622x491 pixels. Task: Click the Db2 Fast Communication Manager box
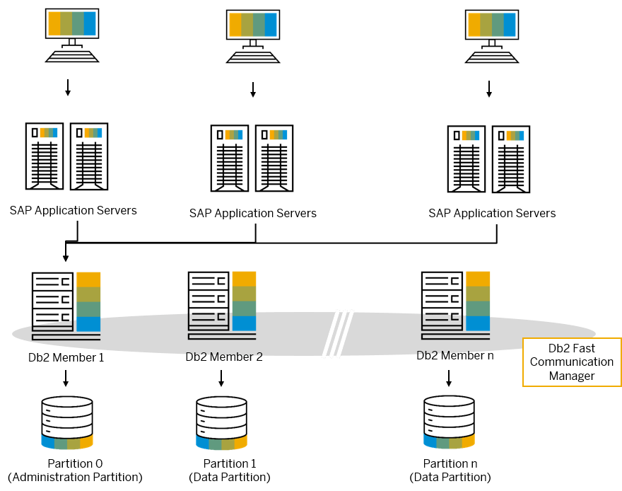tap(572, 362)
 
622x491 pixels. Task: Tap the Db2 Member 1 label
tap(66, 357)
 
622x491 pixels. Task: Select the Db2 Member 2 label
tap(223, 357)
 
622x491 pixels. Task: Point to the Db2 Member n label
tap(455, 356)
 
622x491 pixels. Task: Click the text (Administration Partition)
tap(75, 477)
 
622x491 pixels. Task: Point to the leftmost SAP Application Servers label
tap(74, 210)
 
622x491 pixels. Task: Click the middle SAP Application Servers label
tap(253, 213)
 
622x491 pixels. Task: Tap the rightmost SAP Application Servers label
tap(492, 213)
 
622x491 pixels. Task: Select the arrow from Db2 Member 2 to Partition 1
tap(221, 379)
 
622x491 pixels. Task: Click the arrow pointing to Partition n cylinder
tap(449, 379)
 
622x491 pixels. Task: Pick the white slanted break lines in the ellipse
tap(338, 333)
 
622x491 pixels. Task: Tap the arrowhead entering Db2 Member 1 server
tap(66, 258)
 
